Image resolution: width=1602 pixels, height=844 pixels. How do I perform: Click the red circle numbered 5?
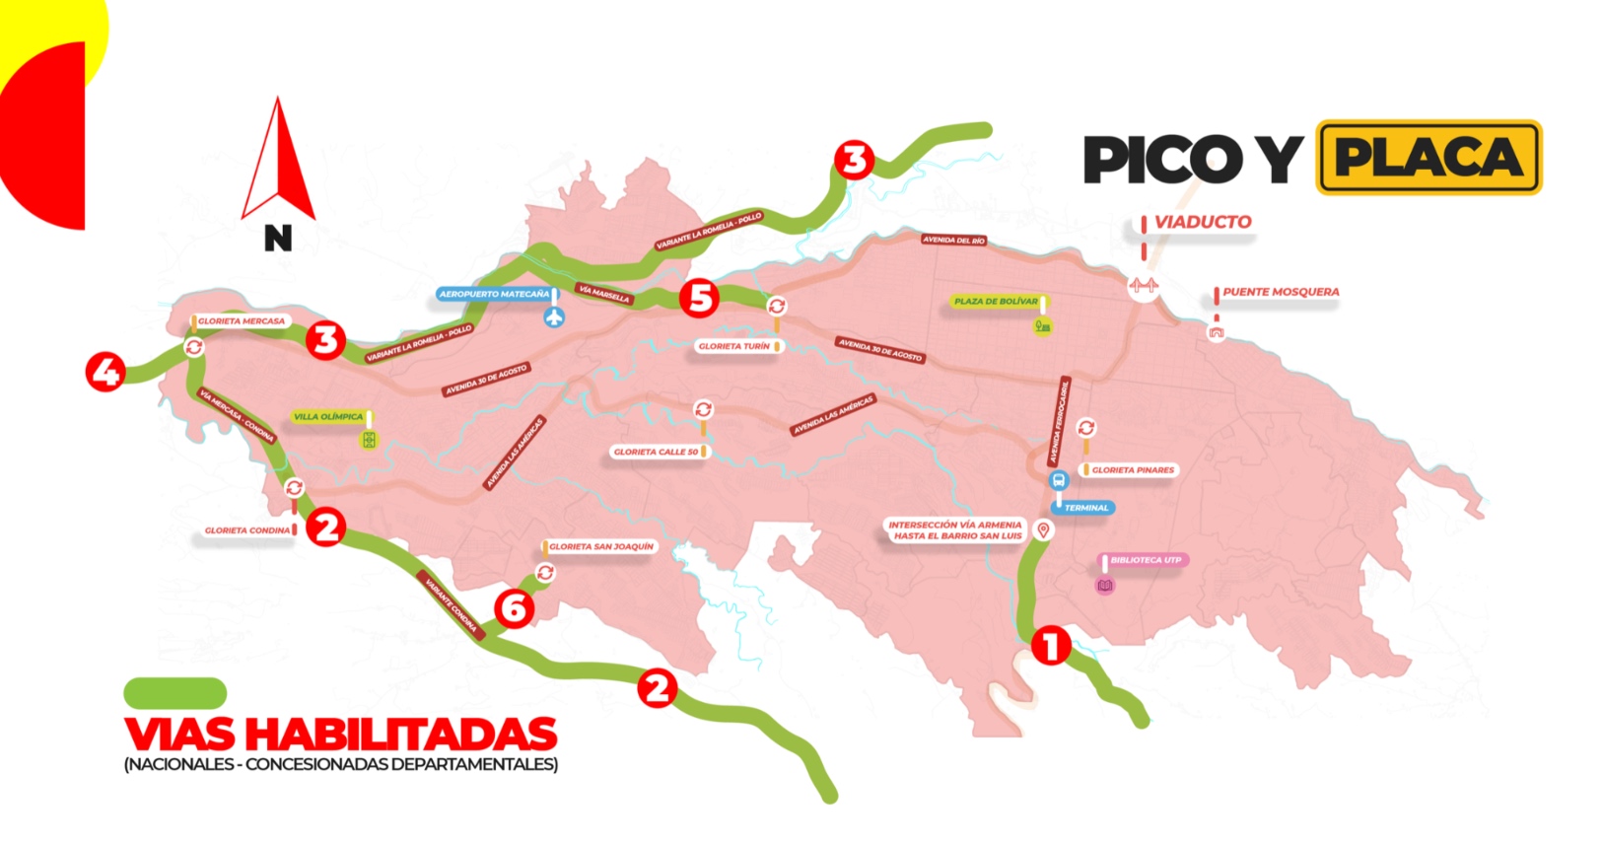pos(699,298)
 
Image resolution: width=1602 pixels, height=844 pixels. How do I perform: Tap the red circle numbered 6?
pos(514,608)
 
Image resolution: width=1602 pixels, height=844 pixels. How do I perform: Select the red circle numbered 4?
pos(105,372)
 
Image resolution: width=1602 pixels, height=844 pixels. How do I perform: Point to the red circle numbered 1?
pos(1050,646)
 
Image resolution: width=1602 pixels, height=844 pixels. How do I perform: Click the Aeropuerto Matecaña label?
pos(494,294)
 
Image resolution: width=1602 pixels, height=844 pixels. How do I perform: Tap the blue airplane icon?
pos(555,317)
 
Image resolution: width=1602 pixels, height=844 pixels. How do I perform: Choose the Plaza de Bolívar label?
pos(996,302)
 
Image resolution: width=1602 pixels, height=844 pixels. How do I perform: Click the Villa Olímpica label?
pos(328,417)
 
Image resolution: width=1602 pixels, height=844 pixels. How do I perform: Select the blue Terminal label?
pos(1085,508)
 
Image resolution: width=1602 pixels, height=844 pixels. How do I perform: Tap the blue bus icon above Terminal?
pos(1059,481)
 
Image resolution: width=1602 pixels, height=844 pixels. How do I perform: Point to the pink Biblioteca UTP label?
pos(1145,560)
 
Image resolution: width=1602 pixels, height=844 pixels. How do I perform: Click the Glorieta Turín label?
pos(734,347)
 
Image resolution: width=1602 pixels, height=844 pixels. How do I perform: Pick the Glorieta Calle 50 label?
pos(656,453)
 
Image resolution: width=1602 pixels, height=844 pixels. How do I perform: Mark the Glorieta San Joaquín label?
pos(600,546)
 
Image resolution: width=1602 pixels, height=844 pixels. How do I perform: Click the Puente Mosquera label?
pos(1280,292)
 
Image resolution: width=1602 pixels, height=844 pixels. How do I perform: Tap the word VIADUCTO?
pos(1203,223)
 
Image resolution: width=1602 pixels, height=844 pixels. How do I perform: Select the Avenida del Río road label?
pos(953,240)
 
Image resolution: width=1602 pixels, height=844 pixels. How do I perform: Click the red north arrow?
pos(279,163)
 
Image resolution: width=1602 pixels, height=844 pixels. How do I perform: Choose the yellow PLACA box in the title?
pos(1428,158)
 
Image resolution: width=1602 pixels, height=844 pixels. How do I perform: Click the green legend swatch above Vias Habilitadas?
pos(174,692)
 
